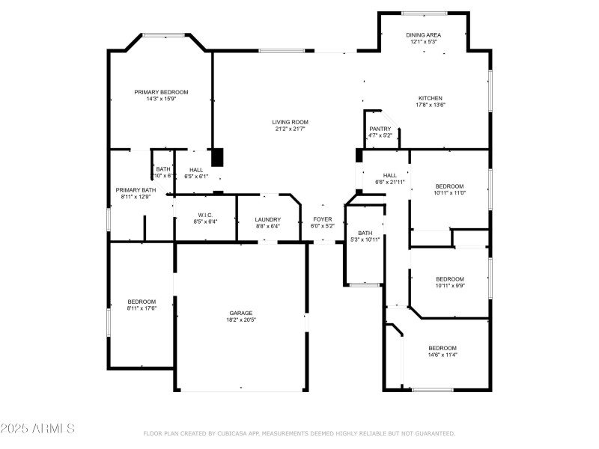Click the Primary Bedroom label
pyautogui.click(x=161, y=92)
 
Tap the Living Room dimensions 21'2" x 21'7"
pyautogui.click(x=290, y=129)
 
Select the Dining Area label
pyautogui.click(x=423, y=35)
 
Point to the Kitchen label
pyautogui.click(x=430, y=98)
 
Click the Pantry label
pyautogui.click(x=380, y=129)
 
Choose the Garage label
pyautogui.click(x=241, y=313)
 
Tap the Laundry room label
pyautogui.click(x=267, y=219)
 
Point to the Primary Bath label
pyautogui.click(x=136, y=190)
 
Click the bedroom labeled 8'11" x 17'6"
pyautogui.click(x=141, y=302)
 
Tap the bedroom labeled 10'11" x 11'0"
pyautogui.click(x=450, y=186)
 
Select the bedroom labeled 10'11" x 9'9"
pyautogui.click(x=450, y=279)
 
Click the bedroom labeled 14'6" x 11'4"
pyautogui.click(x=443, y=348)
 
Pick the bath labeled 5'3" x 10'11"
pyautogui.click(x=365, y=233)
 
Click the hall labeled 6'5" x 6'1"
pyautogui.click(x=196, y=170)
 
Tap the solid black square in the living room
pyautogui.click(x=217, y=157)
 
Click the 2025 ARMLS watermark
pyautogui.click(x=37, y=429)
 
